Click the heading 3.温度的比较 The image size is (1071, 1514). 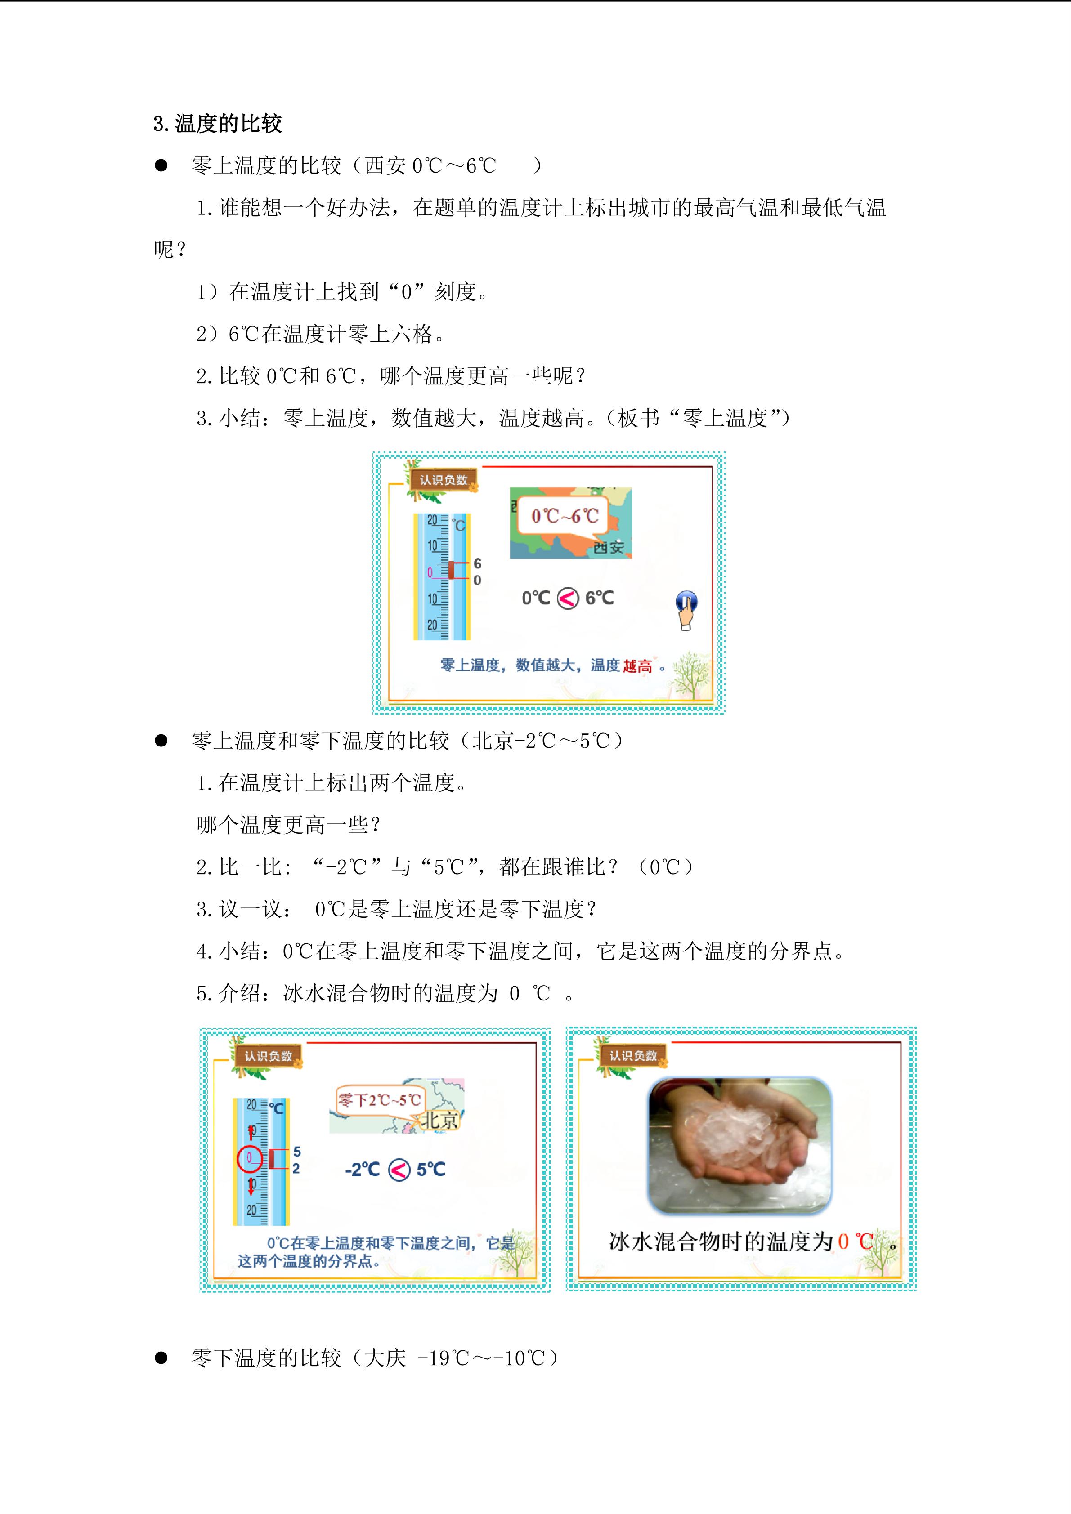(218, 123)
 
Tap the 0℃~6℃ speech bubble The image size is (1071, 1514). (565, 515)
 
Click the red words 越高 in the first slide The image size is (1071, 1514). (637, 666)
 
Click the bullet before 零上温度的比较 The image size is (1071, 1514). (161, 165)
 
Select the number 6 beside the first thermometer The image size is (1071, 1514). (477, 564)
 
